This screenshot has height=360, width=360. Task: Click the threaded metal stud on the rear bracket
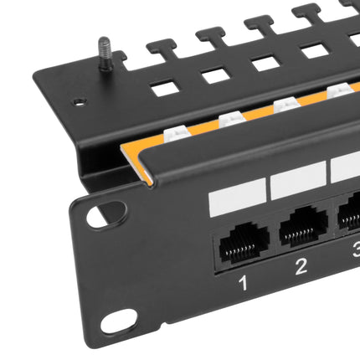click(x=105, y=54)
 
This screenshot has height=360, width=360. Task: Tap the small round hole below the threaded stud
click(x=79, y=102)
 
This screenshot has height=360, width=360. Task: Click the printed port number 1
click(x=244, y=282)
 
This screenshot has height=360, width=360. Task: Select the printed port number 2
click(x=301, y=266)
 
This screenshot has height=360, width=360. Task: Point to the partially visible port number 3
click(x=356, y=250)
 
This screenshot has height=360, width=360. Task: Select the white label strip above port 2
click(x=298, y=180)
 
